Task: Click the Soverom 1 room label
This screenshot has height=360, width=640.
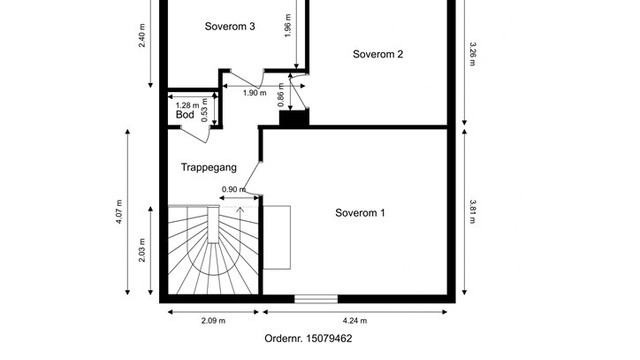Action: (x=360, y=213)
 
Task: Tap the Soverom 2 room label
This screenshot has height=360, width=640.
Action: (x=378, y=54)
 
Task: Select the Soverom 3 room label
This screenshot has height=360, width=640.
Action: (x=230, y=26)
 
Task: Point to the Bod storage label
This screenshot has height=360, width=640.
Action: (x=185, y=115)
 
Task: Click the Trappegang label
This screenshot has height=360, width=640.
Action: (x=209, y=167)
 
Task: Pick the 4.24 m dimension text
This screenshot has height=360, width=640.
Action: (x=355, y=321)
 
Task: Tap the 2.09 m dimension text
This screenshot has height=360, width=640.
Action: (x=213, y=321)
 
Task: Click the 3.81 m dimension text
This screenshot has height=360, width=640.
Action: (x=472, y=211)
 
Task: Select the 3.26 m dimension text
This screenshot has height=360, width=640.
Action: (x=472, y=53)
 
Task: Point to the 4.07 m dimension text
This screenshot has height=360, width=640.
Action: (x=119, y=211)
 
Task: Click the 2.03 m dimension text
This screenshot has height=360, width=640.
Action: (x=142, y=250)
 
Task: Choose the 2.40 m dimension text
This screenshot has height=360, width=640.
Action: (x=142, y=36)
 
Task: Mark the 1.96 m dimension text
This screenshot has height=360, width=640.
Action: (x=288, y=26)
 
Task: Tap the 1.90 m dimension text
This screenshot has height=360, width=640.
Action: (x=255, y=93)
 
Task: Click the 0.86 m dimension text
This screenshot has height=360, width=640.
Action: (x=281, y=95)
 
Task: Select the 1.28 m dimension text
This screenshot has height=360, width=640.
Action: (x=187, y=105)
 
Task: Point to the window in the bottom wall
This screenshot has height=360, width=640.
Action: (x=316, y=299)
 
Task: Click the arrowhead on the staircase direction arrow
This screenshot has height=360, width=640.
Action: (x=240, y=210)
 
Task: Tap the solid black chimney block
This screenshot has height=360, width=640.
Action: (x=294, y=118)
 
